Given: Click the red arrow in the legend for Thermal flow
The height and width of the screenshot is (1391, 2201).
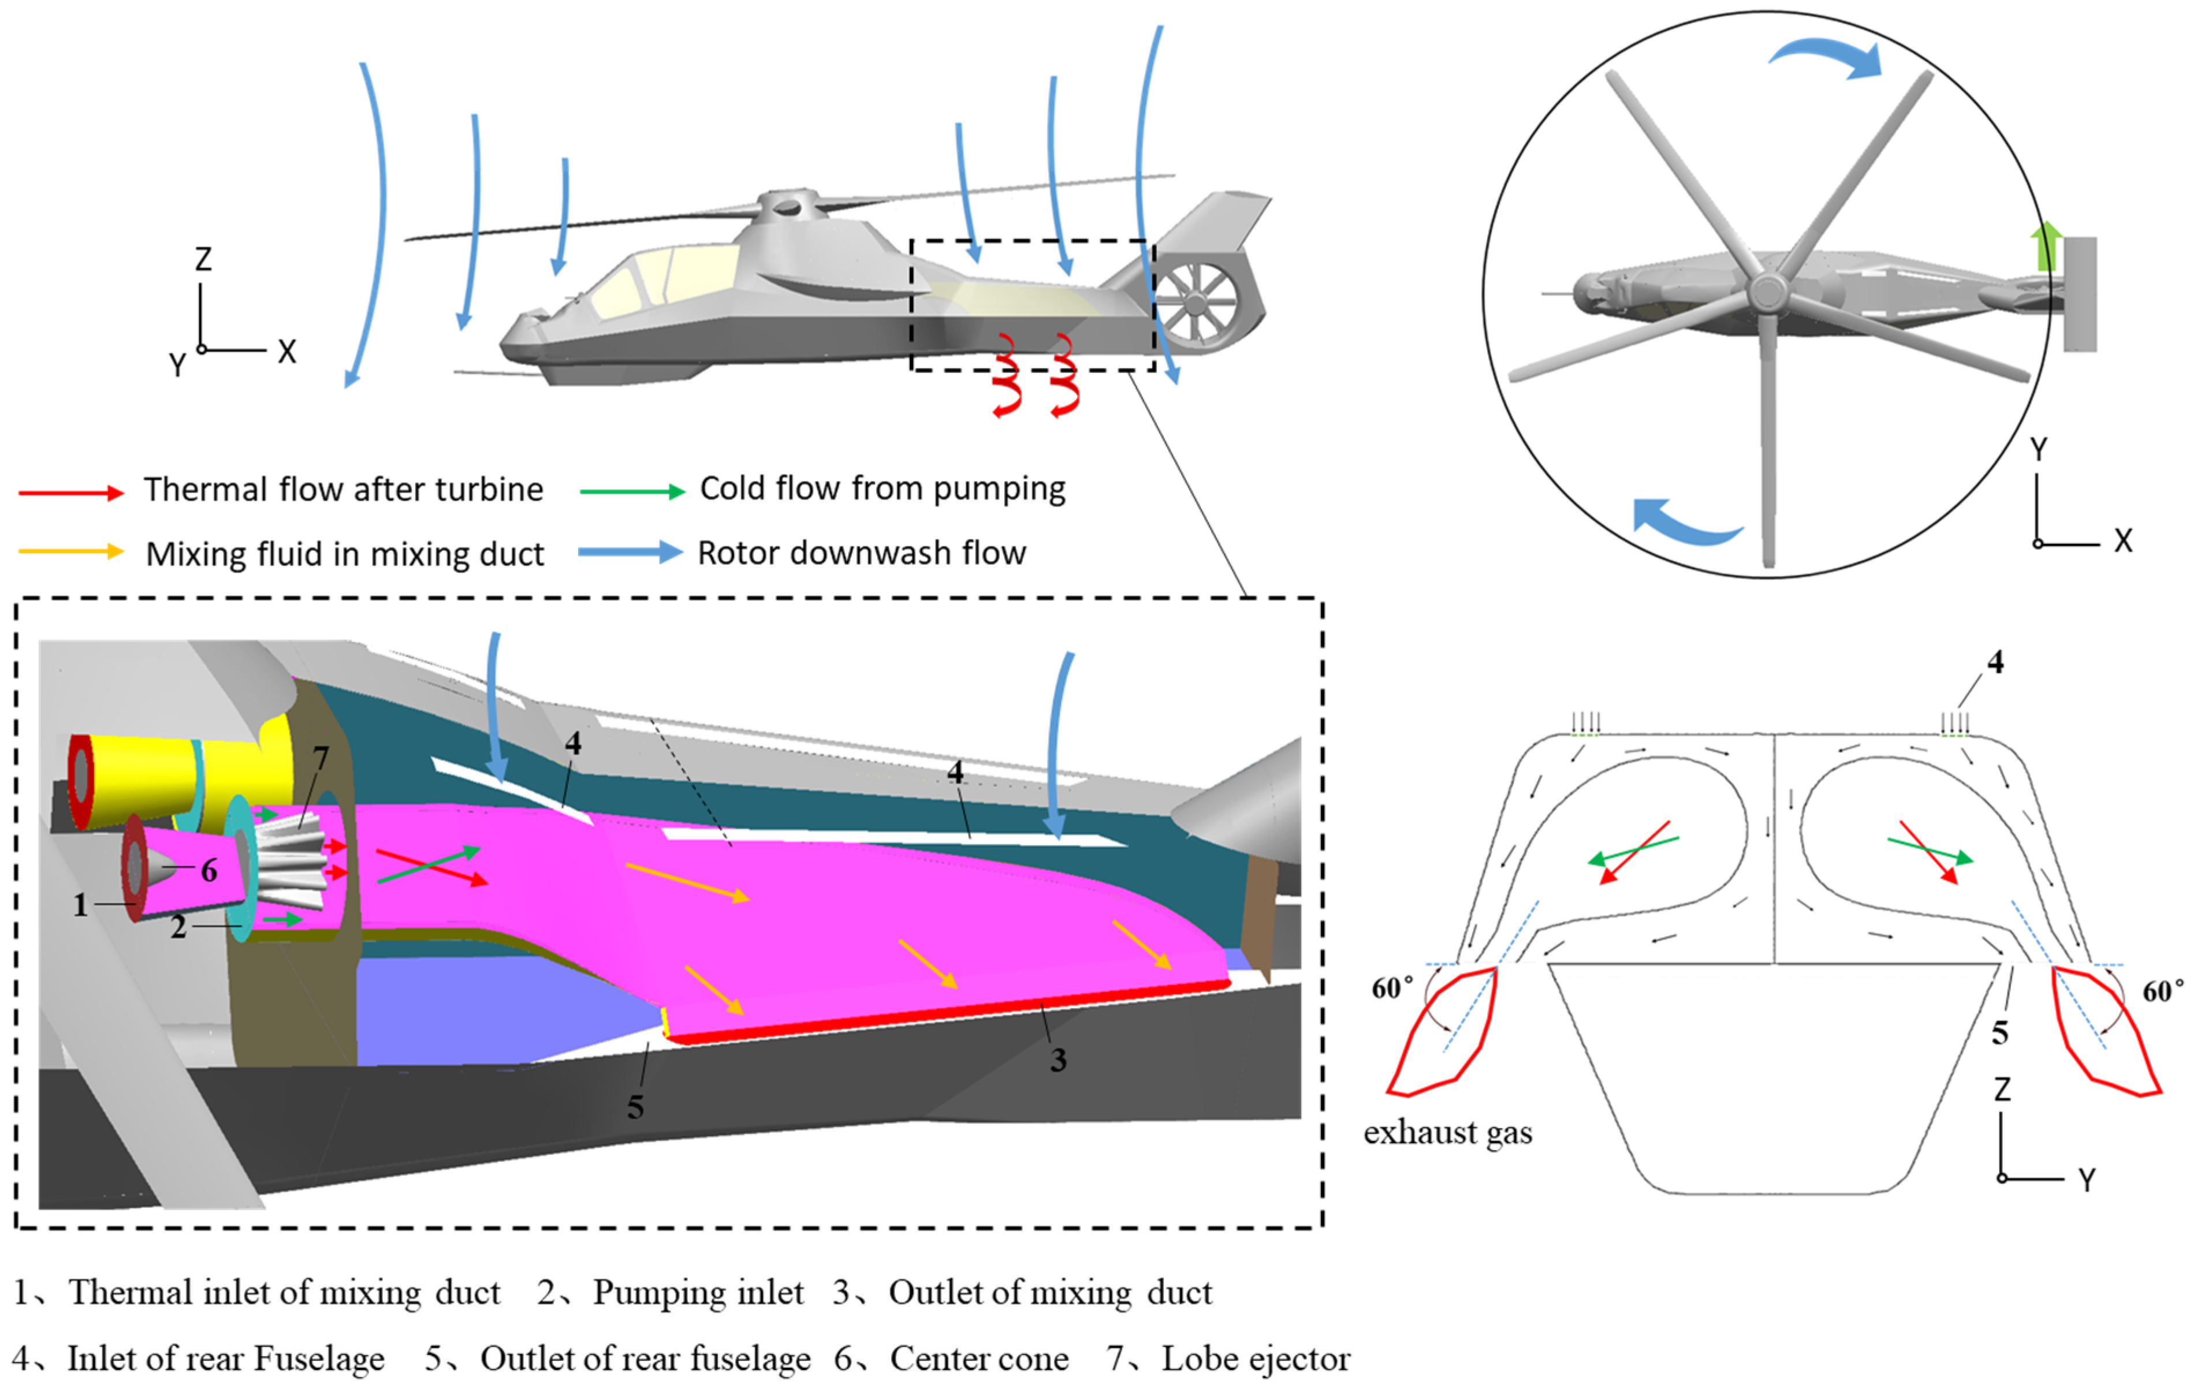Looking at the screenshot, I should click(x=71, y=493).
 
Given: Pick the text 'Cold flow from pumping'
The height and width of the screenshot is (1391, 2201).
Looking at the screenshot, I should click(x=882, y=489).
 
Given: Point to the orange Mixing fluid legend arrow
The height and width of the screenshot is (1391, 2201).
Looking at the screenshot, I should click(x=71, y=551).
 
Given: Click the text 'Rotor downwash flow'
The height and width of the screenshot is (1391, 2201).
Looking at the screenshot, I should click(x=861, y=554).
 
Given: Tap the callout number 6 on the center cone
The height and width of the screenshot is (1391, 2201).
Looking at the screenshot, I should click(x=209, y=870).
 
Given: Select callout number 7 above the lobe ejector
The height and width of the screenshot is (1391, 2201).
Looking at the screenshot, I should click(x=320, y=758).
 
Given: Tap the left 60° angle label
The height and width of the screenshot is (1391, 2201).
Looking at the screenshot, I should click(x=1392, y=989).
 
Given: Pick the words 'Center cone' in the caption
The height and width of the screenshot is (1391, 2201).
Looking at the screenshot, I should click(x=979, y=1359).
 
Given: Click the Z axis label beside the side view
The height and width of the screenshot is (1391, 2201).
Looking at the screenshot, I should click(x=203, y=260).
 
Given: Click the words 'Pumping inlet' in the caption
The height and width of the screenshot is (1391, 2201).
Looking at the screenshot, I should click(x=698, y=1292).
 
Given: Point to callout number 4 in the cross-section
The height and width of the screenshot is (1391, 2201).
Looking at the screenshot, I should click(x=1995, y=663).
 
